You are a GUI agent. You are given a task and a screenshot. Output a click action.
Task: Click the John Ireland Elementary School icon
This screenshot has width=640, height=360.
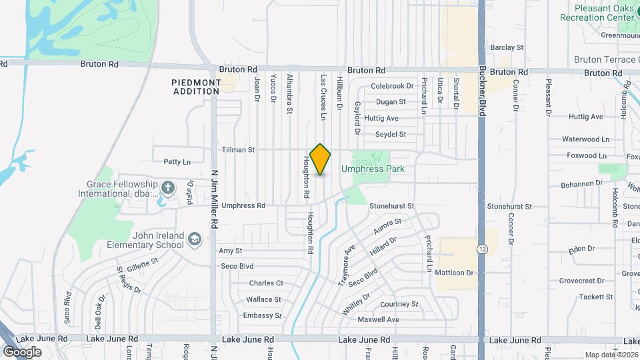(x=194, y=239)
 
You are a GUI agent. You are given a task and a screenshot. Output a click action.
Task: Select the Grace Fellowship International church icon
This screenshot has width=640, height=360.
(x=167, y=187)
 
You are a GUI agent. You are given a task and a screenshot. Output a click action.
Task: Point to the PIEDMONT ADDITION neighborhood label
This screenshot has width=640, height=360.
(x=197, y=87)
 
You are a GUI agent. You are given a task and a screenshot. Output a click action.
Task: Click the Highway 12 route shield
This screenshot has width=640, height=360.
(x=481, y=249)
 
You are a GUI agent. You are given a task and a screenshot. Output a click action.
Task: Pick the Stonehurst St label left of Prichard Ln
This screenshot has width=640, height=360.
(x=392, y=207)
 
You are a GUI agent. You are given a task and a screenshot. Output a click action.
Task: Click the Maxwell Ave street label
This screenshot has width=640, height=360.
(x=378, y=319)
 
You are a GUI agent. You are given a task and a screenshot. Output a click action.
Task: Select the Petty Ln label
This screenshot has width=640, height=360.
(x=177, y=161)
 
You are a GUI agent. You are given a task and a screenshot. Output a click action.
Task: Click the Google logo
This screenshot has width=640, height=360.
(x=22, y=351)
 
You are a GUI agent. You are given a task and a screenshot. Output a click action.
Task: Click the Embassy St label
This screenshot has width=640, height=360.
(x=262, y=315)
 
